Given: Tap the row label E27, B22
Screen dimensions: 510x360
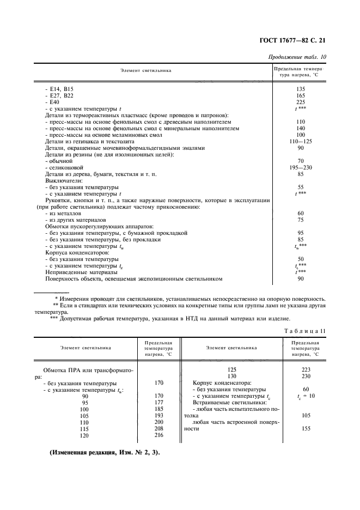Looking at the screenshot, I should point(62,95).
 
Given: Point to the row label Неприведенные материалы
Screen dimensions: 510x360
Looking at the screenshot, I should point(81,272).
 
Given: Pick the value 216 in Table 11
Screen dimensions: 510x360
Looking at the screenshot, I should point(159,435).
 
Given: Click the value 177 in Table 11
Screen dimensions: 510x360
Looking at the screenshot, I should point(159,403).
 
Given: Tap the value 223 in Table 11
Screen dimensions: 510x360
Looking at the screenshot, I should point(306,369).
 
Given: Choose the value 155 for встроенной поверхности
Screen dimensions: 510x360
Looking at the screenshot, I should point(306,428).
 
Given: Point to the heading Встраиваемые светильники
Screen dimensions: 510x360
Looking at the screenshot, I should point(229,402).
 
